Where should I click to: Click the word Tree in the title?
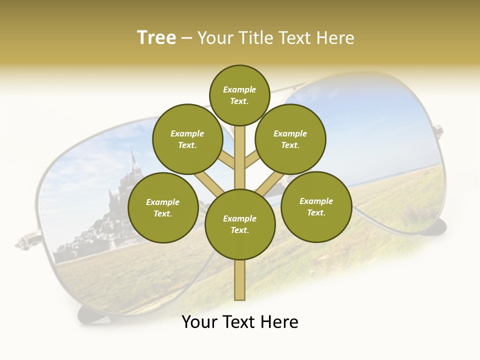pyautogui.click(x=156, y=38)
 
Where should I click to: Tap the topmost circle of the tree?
pyautogui.click(x=239, y=95)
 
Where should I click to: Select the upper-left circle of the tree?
pyautogui.click(x=187, y=139)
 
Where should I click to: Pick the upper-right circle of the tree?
pyautogui.click(x=290, y=139)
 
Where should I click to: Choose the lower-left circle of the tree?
pyautogui.click(x=163, y=207)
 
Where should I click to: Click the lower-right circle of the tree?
pyautogui.click(x=316, y=206)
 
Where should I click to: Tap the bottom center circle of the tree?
pyautogui.click(x=240, y=224)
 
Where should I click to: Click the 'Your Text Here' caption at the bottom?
pyautogui.click(x=239, y=322)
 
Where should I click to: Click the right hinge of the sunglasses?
pyautogui.click(x=438, y=131)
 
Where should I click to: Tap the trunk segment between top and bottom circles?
pyautogui.click(x=240, y=157)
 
